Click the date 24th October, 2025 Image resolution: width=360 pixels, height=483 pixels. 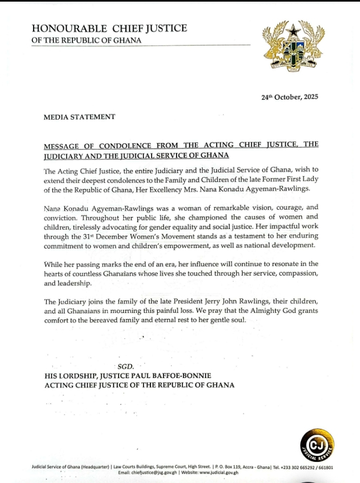(290, 97)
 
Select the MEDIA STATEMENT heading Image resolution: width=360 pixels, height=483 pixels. (80, 117)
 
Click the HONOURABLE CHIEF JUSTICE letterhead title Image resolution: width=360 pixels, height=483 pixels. (110, 28)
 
